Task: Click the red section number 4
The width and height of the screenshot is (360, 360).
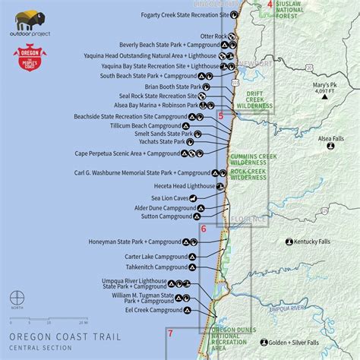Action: pyautogui.click(x=269, y=5)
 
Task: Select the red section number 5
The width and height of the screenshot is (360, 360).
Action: pyautogui.click(x=221, y=116)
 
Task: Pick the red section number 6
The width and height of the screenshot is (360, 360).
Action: pyautogui.click(x=203, y=228)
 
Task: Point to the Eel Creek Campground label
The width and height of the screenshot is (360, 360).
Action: pyautogui.click(x=155, y=310)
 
